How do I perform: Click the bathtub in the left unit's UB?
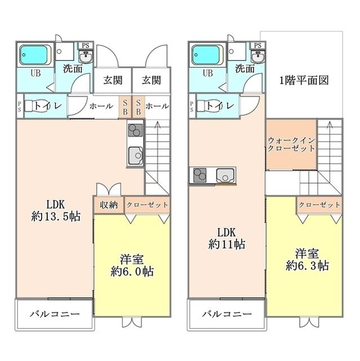point(33,55)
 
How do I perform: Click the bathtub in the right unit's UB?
point(206,55)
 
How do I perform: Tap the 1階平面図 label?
point(304,80)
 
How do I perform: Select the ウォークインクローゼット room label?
point(291,144)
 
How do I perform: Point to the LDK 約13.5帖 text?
point(56,210)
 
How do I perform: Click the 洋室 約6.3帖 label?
point(307,259)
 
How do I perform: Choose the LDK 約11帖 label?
point(226,239)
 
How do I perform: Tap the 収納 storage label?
point(109,205)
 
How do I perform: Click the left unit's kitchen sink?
point(135,156)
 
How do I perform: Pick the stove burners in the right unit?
point(200,175)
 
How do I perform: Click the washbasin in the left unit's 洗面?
point(86,56)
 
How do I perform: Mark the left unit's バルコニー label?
point(55,314)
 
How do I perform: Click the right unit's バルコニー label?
point(227,314)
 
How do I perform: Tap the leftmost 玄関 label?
point(113,80)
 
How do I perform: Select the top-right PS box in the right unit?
point(257,45)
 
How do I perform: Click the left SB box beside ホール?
point(125,107)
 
